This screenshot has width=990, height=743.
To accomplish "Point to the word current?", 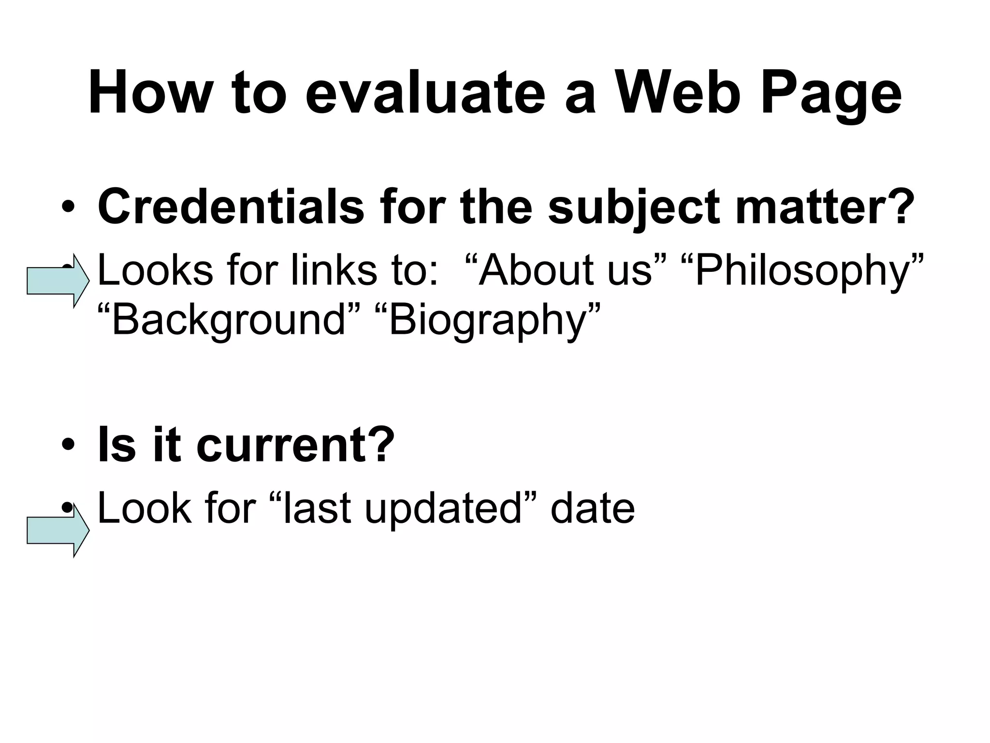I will pos(295,445).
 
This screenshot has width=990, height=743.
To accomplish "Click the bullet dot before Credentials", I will pos(68,208).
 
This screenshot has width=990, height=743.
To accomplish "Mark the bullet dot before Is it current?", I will pos(68,445).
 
